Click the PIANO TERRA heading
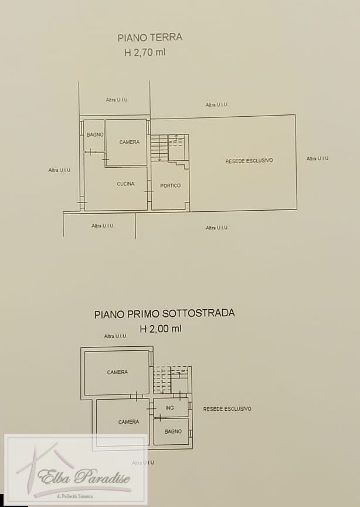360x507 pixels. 150,38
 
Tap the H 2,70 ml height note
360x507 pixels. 145,52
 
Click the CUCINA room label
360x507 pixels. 125,184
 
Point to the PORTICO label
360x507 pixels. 170,185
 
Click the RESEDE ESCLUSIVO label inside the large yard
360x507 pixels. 249,161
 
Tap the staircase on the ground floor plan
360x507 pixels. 159,148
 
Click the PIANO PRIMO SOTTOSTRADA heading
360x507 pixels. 165,313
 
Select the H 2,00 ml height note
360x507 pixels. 161,329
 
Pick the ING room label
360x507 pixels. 169,408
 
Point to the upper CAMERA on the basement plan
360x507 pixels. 117,372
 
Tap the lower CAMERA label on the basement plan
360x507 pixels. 128,422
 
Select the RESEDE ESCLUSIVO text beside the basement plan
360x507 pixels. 227,409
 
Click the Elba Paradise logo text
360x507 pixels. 84,476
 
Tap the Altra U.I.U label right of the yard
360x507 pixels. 317,158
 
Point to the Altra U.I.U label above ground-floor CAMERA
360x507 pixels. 117,100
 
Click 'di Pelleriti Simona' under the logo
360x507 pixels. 74,496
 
